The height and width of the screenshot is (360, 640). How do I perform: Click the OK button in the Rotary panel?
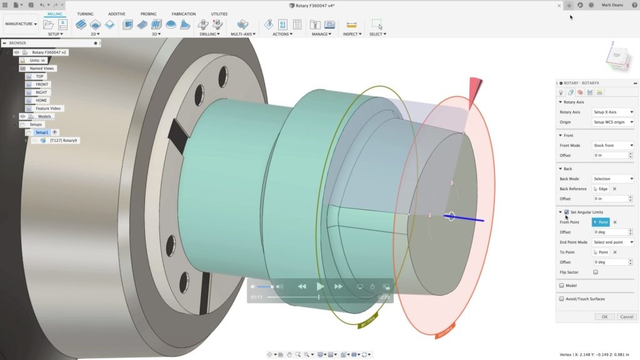[604, 317]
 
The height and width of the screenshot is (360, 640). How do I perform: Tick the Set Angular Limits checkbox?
[566, 212]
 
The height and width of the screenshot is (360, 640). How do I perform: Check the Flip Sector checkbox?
[595, 272]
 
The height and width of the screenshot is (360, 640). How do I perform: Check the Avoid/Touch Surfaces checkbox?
[562, 299]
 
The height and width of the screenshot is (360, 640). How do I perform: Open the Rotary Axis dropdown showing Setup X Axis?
[612, 112]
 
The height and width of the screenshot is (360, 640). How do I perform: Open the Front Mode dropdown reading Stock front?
[612, 145]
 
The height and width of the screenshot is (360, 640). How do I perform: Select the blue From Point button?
[600, 222]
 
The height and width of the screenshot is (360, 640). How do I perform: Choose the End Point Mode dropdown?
[612, 242]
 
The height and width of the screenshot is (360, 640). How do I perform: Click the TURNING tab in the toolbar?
[85, 14]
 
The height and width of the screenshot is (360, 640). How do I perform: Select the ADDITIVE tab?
[116, 14]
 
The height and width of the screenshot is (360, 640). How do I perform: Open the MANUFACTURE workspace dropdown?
[21, 24]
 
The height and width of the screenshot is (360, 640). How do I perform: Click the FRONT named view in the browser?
[42, 84]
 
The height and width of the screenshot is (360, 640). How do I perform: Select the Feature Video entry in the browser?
[49, 108]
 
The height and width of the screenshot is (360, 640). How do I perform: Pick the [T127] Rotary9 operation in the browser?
[63, 141]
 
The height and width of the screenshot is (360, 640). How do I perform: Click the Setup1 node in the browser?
[41, 132]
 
